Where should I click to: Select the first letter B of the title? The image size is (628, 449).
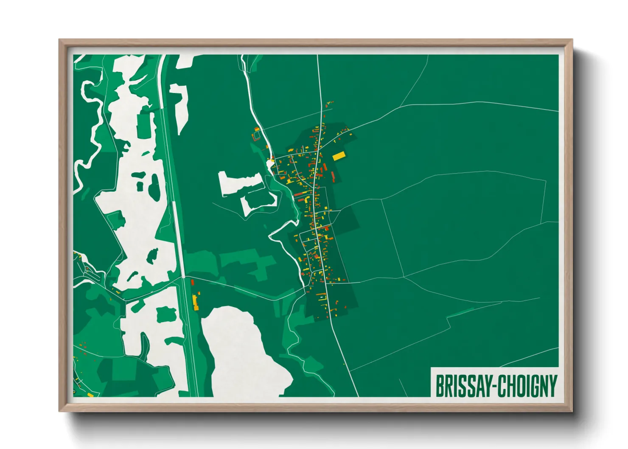[439, 386]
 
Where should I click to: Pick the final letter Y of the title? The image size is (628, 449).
[553, 386]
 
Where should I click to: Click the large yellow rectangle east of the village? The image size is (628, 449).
[338, 156]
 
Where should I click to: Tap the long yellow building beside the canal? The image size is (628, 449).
[195, 302]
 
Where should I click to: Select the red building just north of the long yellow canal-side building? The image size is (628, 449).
[192, 282]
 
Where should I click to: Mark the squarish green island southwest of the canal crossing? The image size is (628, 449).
[166, 314]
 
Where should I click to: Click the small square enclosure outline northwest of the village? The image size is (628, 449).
[257, 136]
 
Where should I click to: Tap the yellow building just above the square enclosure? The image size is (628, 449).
[256, 129]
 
